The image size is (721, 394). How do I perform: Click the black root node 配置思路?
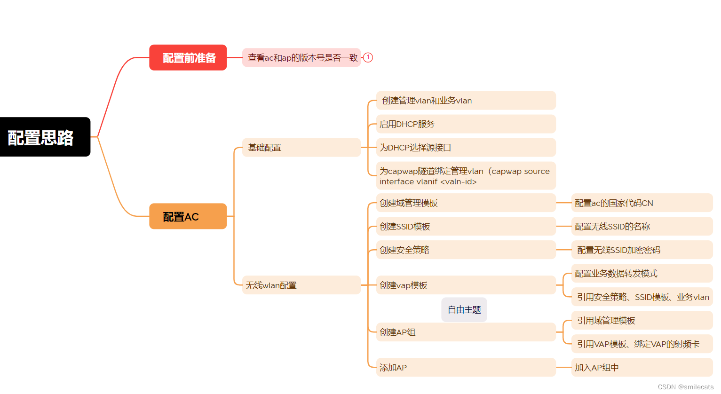coord(45,137)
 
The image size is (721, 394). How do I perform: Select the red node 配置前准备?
coord(188,57)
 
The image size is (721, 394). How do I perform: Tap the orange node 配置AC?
coord(188,216)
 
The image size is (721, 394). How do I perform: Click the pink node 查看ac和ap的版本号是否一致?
coord(301,57)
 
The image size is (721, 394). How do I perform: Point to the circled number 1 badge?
coord(368,57)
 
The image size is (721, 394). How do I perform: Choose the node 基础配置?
coord(301,147)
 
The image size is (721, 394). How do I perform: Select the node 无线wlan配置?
coord(301,285)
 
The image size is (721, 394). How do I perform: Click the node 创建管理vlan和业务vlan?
coord(466,100)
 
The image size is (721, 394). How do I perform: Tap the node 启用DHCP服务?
coord(466,124)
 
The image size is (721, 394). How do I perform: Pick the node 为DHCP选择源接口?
coord(466,147)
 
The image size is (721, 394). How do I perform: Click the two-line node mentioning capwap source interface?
coord(466,176)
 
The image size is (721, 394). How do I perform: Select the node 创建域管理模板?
coord(466,203)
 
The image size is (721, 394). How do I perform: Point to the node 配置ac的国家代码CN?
coord(642,203)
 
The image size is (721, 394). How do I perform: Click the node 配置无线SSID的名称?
coord(642,226)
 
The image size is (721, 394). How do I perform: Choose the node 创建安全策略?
coord(466,250)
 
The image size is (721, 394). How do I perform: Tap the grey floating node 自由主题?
coord(464,309)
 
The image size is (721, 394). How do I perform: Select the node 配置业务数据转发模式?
coord(642,273)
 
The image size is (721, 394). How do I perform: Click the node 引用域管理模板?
coord(642,320)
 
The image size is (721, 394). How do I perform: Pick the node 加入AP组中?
coord(642,367)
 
